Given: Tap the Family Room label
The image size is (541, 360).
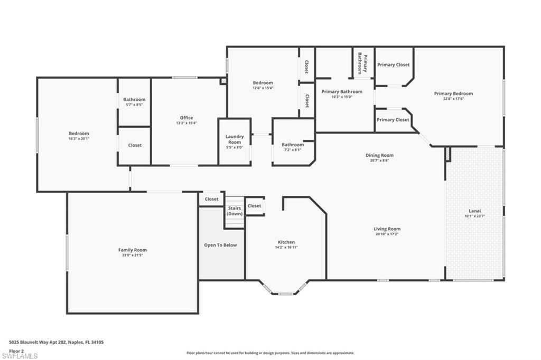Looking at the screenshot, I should [x=133, y=250].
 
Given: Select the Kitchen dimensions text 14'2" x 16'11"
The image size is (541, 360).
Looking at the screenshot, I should [x=286, y=247].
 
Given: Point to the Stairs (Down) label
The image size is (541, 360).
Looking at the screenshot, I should [x=234, y=211].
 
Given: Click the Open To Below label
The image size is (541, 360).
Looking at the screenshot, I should [x=220, y=245].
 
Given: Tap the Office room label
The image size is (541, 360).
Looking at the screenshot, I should [x=186, y=118].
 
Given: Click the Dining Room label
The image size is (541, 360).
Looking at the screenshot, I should [x=379, y=155].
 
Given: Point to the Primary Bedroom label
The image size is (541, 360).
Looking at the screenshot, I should [x=453, y=93].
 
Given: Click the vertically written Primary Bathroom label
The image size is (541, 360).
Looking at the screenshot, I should [x=363, y=63].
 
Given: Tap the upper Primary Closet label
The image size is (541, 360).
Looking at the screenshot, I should [x=393, y=64].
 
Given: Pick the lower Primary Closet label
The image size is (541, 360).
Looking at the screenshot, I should [x=393, y=120].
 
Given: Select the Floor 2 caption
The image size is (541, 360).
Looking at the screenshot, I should [x=17, y=350].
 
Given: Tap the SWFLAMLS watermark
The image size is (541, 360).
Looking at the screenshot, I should [x=20, y=356].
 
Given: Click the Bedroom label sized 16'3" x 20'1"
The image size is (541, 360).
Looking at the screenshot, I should [x=79, y=134].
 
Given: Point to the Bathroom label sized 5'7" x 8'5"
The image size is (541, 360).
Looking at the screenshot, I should [x=134, y=99].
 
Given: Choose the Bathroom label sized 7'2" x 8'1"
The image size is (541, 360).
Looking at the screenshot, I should [x=293, y=145].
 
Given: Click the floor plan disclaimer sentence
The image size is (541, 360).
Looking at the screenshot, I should [x=270, y=353].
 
